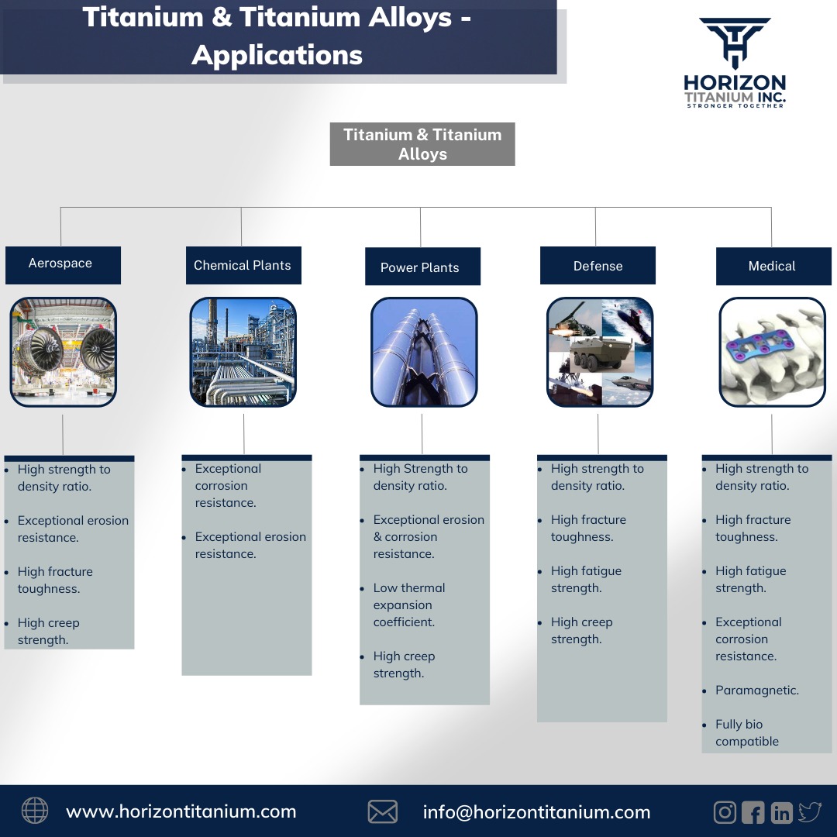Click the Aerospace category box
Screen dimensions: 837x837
pyautogui.click(x=63, y=264)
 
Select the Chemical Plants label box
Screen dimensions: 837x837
pyautogui.click(x=243, y=266)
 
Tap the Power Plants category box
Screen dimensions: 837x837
pyautogui.click(x=422, y=267)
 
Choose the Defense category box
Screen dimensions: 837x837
pyautogui.click(x=598, y=266)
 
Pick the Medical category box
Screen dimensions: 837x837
pyautogui.click(x=773, y=266)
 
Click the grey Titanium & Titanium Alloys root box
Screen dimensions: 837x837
pyautogui.click(x=422, y=144)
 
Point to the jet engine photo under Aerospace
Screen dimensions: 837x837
pyautogui.click(x=63, y=352)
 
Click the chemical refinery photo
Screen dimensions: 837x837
pyautogui.click(x=243, y=352)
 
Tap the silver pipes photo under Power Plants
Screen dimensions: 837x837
pyautogui.click(x=423, y=352)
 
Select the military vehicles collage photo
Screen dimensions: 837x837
pyautogui.click(x=600, y=352)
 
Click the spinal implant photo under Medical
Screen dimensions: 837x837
pyautogui.click(x=773, y=352)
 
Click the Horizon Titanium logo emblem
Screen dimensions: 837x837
pyautogui.click(x=735, y=43)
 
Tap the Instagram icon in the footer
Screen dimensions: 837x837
pyautogui.click(x=725, y=811)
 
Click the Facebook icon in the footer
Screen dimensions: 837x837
pyautogui.click(x=753, y=812)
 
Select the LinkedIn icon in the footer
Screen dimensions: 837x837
pyautogui.click(x=781, y=812)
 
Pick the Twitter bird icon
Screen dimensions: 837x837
pyautogui.click(x=810, y=811)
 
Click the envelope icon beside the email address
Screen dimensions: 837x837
pyautogui.click(x=383, y=811)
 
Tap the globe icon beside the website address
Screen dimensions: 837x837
pyautogui.click(x=35, y=811)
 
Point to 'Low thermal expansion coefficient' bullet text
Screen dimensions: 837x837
pyautogui.click(x=409, y=604)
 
